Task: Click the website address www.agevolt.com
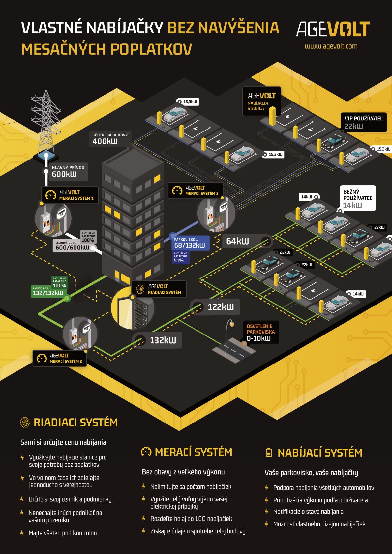click(x=331, y=46)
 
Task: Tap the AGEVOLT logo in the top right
click(x=333, y=29)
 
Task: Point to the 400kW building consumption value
click(x=105, y=141)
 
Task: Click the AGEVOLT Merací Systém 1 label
click(x=70, y=195)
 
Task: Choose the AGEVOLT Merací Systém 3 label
click(x=196, y=190)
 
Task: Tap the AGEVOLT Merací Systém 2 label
click(x=60, y=358)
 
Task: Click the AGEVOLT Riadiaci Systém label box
click(x=159, y=289)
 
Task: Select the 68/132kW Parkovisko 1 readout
click(x=190, y=243)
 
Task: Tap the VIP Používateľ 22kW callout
click(x=363, y=122)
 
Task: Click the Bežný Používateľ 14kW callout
click(x=357, y=198)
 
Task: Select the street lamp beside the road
click(x=227, y=336)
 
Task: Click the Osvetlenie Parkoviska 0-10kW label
click(x=261, y=333)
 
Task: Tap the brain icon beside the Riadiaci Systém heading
click(x=25, y=423)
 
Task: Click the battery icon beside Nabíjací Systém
click(x=269, y=452)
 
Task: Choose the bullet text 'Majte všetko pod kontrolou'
click(x=63, y=533)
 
